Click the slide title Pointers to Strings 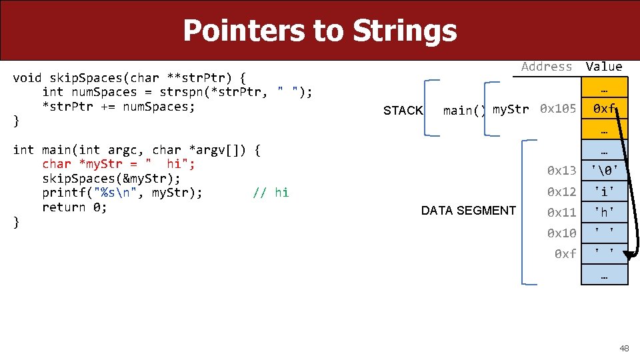(x=319, y=31)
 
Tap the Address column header (x=547, y=66)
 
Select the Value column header (x=604, y=66)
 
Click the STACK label (x=403, y=111)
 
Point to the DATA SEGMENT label (x=468, y=211)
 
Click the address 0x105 (x=558, y=109)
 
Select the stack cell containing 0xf (x=604, y=109)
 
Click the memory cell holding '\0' (x=604, y=171)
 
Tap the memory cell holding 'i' (x=604, y=192)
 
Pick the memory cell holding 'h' (x=604, y=213)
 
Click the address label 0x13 (x=561, y=171)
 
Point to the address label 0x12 (x=561, y=192)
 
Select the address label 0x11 (x=561, y=213)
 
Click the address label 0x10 (x=561, y=233)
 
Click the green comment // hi (x=271, y=193)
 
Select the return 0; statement (x=74, y=207)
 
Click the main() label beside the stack (x=464, y=111)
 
